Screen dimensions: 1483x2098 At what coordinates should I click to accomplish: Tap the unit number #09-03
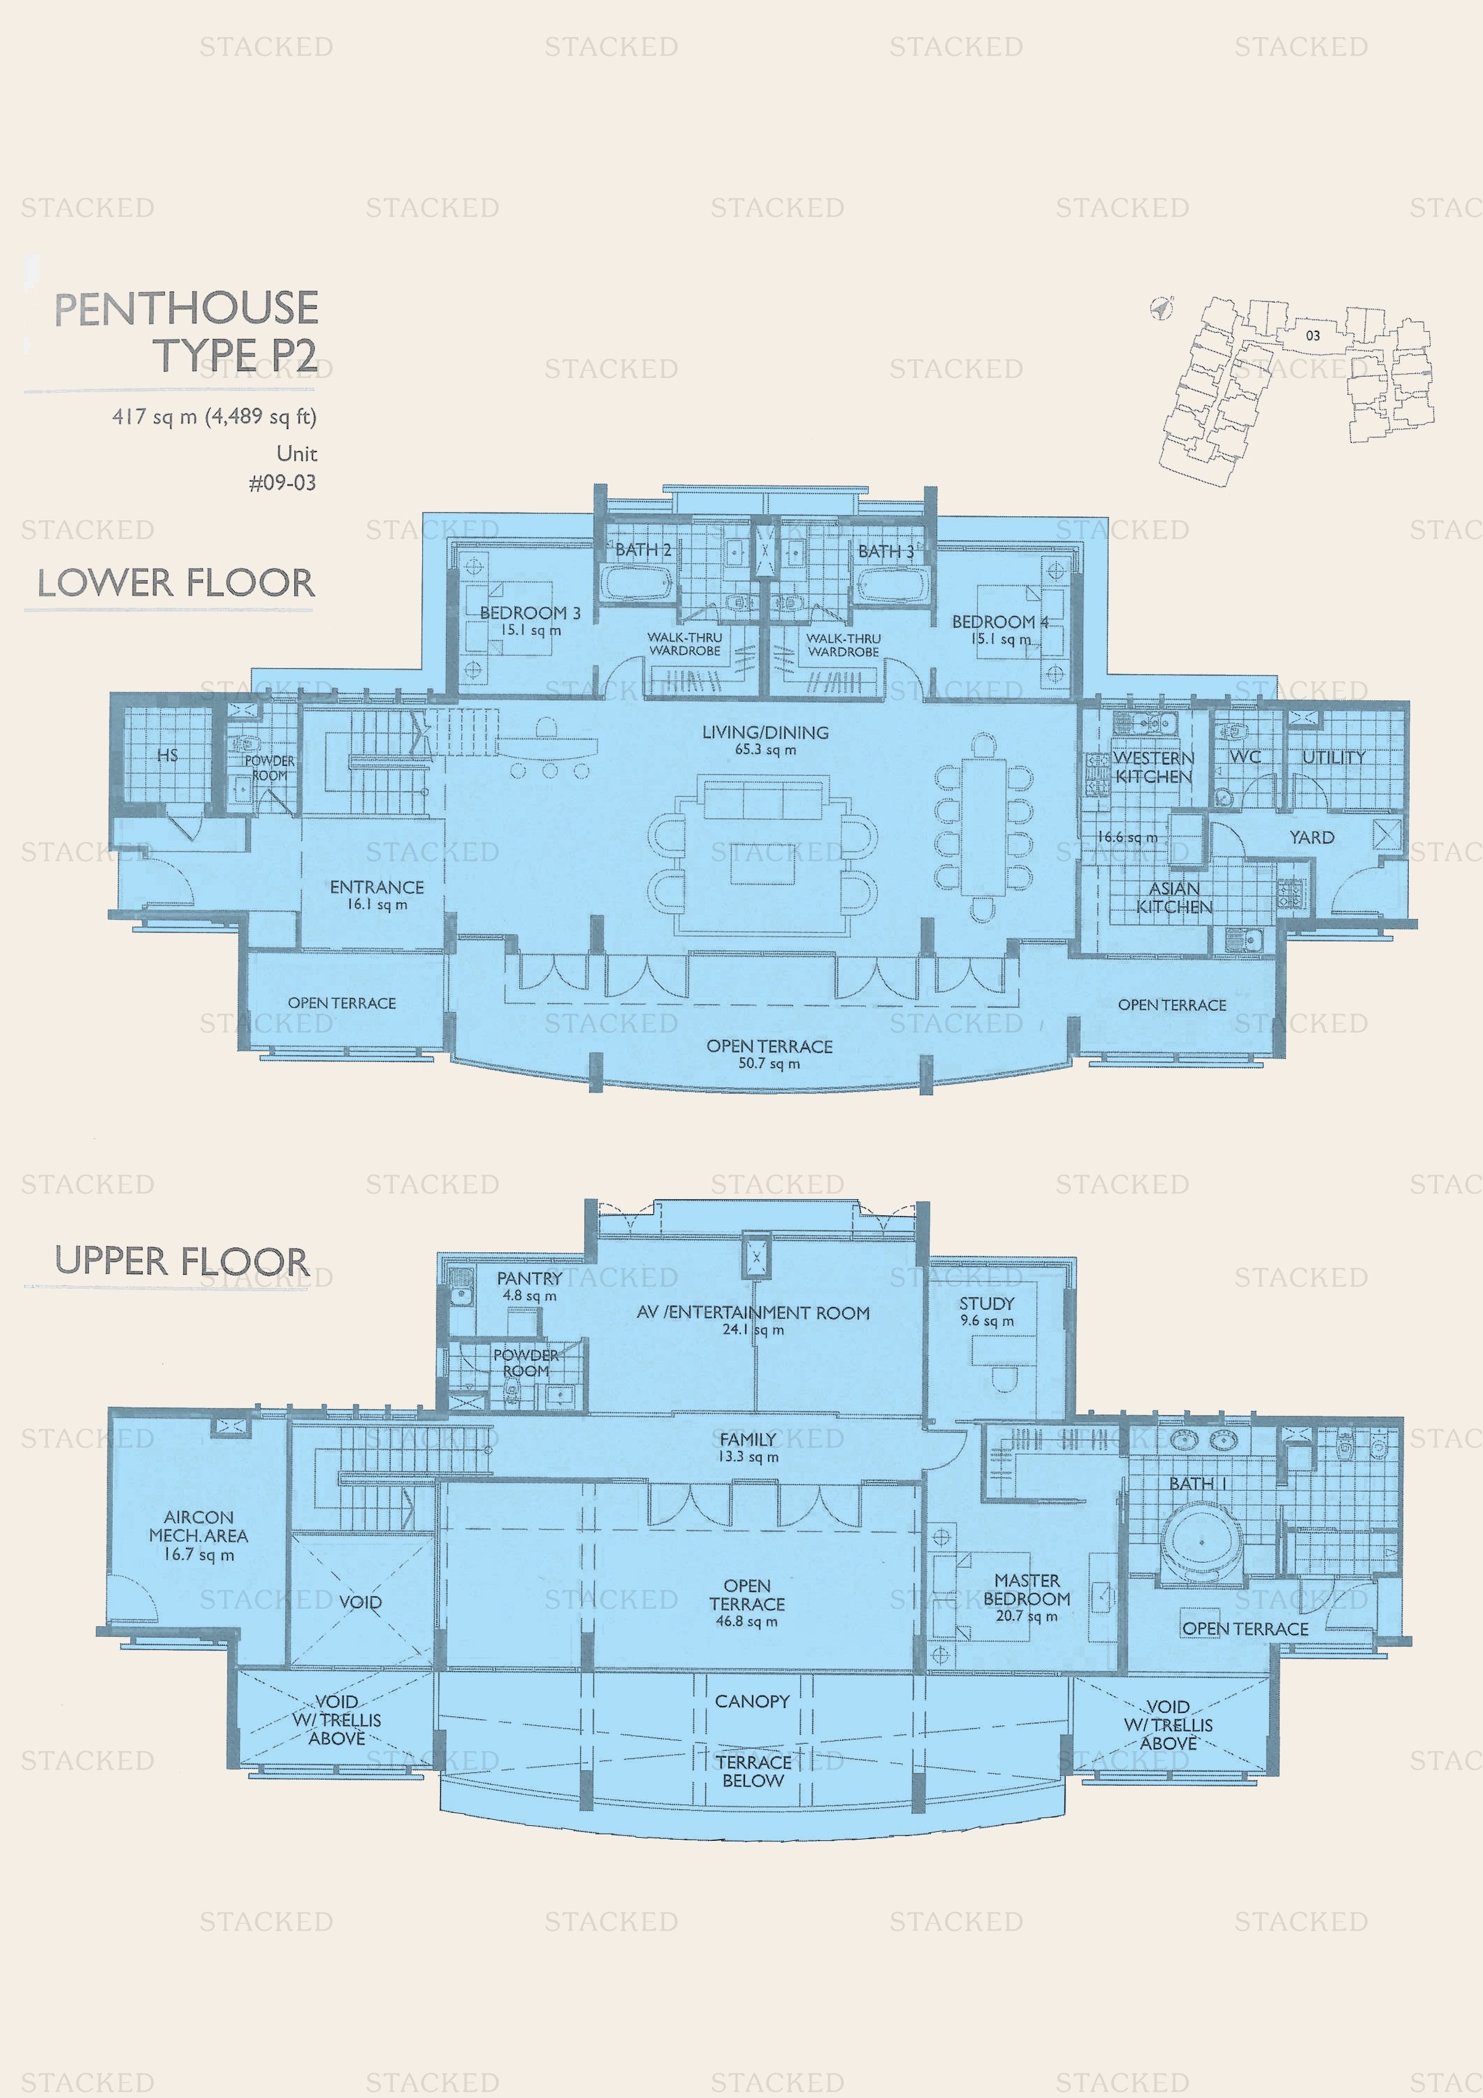(x=282, y=483)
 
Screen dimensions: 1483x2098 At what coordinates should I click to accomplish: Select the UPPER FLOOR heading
(x=182, y=1261)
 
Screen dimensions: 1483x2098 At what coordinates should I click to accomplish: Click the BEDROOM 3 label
(x=530, y=612)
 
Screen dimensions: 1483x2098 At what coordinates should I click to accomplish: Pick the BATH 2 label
(x=643, y=550)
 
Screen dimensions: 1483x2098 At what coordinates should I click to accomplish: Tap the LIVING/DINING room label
(x=765, y=732)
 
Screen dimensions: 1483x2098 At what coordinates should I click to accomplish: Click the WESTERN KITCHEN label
(x=1153, y=767)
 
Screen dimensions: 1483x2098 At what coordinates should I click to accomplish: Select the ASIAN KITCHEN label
(x=1174, y=897)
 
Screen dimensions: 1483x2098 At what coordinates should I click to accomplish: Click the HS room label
(x=167, y=755)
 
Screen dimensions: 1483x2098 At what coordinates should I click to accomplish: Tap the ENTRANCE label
(x=377, y=888)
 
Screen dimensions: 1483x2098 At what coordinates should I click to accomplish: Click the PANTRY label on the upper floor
(x=529, y=1278)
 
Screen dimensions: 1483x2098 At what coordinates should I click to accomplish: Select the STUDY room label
(x=987, y=1303)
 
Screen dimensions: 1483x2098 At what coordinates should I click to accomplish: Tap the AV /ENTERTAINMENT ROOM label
(x=753, y=1312)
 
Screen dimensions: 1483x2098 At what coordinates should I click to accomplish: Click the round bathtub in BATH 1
(x=1201, y=1542)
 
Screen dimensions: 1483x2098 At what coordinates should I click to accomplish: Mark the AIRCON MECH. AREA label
(x=199, y=1526)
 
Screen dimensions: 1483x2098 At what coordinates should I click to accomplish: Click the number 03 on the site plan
(x=1313, y=336)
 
